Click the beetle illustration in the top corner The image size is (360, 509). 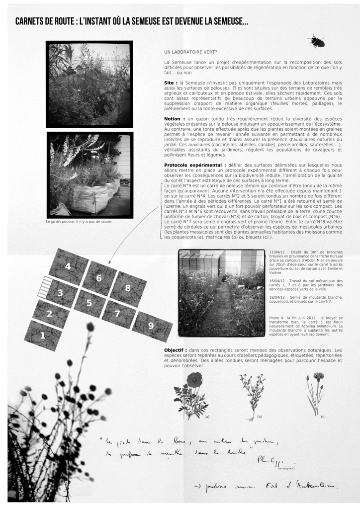point(316,41)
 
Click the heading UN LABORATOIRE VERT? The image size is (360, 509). point(190,52)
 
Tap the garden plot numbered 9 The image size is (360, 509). point(152,326)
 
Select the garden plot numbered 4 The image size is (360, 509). point(69,266)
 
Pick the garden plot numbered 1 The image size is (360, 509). point(43,336)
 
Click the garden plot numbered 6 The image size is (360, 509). point(99,278)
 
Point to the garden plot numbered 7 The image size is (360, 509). point(118,314)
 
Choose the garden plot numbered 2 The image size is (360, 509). point(50,314)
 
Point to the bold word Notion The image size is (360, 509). point(174,119)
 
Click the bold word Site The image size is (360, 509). point(170,83)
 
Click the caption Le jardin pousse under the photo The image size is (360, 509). point(79,222)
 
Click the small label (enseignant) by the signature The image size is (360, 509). point(286,468)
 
